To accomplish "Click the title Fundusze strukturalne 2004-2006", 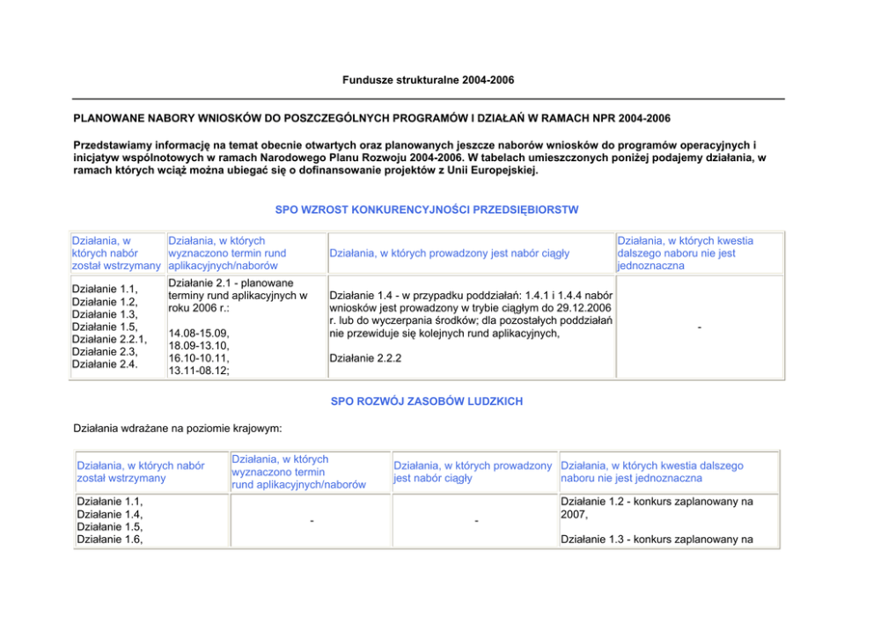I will pos(428,80).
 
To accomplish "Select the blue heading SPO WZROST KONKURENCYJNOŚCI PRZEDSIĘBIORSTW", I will pos(428,209).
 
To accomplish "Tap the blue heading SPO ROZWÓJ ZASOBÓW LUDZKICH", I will pos(427,401).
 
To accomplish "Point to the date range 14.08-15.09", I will pos(198,334).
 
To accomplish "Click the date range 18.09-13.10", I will pos(198,346).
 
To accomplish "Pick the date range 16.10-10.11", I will pos(198,358).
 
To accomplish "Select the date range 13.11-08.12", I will pos(199,371).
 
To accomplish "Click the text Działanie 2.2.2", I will pos(364,358).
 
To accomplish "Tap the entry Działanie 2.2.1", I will pos(109,339).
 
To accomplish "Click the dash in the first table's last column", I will pos(699,327).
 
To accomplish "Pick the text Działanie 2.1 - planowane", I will pos(230,283).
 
